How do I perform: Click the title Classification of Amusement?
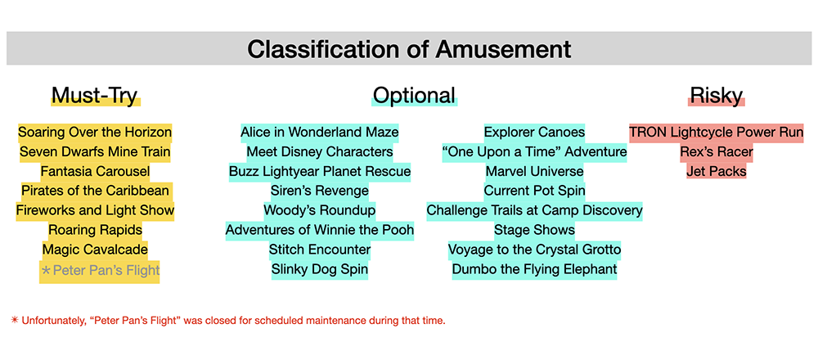pyautogui.click(x=409, y=49)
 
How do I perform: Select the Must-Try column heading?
pyautogui.click(x=94, y=95)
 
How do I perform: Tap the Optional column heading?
pyautogui.click(x=414, y=95)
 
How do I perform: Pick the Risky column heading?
pyautogui.click(x=717, y=95)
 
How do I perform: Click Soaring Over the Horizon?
pyautogui.click(x=95, y=132)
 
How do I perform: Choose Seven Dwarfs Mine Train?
pyautogui.click(x=95, y=152)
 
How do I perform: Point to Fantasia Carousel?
pyautogui.click(x=95, y=171)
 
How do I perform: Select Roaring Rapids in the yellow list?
pyautogui.click(x=95, y=230)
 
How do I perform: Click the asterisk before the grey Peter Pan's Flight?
pyautogui.click(x=46, y=270)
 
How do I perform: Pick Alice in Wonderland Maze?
pyautogui.click(x=319, y=132)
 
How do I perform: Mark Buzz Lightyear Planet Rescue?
pyautogui.click(x=319, y=171)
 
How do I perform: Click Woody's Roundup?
pyautogui.click(x=319, y=210)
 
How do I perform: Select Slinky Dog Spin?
pyautogui.click(x=319, y=269)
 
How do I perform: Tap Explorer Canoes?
pyautogui.click(x=534, y=132)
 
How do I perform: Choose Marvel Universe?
pyautogui.click(x=534, y=171)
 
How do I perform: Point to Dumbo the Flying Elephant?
pyautogui.click(x=534, y=269)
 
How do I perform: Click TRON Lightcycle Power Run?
pyautogui.click(x=717, y=132)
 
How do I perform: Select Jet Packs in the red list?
pyautogui.click(x=717, y=171)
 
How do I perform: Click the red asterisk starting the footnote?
pyautogui.click(x=15, y=320)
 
